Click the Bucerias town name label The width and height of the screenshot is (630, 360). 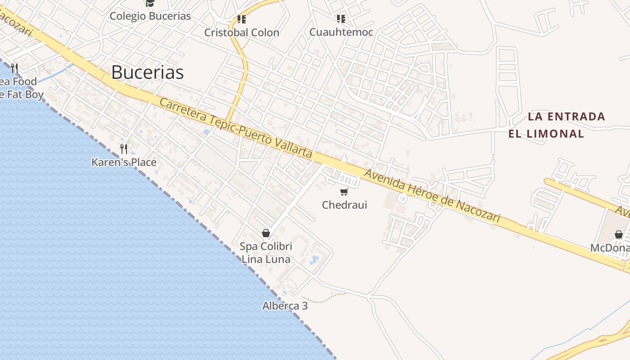coord(148,72)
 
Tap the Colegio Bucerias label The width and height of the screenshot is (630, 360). coord(150,16)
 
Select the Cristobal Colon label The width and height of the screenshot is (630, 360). coord(242,32)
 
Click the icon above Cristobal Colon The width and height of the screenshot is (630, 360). coord(242,19)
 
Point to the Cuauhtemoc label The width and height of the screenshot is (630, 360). coord(341,32)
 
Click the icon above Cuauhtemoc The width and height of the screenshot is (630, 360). coord(341,19)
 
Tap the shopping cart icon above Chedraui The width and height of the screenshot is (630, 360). coord(344,192)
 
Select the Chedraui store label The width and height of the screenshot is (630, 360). coord(344,205)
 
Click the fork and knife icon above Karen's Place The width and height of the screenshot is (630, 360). coord(124,148)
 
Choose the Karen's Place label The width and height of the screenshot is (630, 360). coord(124,162)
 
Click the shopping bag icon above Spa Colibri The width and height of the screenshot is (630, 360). coord(266,233)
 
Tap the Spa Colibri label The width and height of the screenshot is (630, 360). coord(266,247)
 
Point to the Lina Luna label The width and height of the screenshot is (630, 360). coord(266,259)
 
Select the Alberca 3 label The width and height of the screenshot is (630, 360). coord(285,306)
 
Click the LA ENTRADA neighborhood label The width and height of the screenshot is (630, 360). coord(566,117)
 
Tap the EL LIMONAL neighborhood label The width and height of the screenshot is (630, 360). coord(546,134)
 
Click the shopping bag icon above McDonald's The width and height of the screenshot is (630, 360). coord(619,234)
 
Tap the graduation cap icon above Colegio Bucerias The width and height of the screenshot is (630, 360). coord(150,4)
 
